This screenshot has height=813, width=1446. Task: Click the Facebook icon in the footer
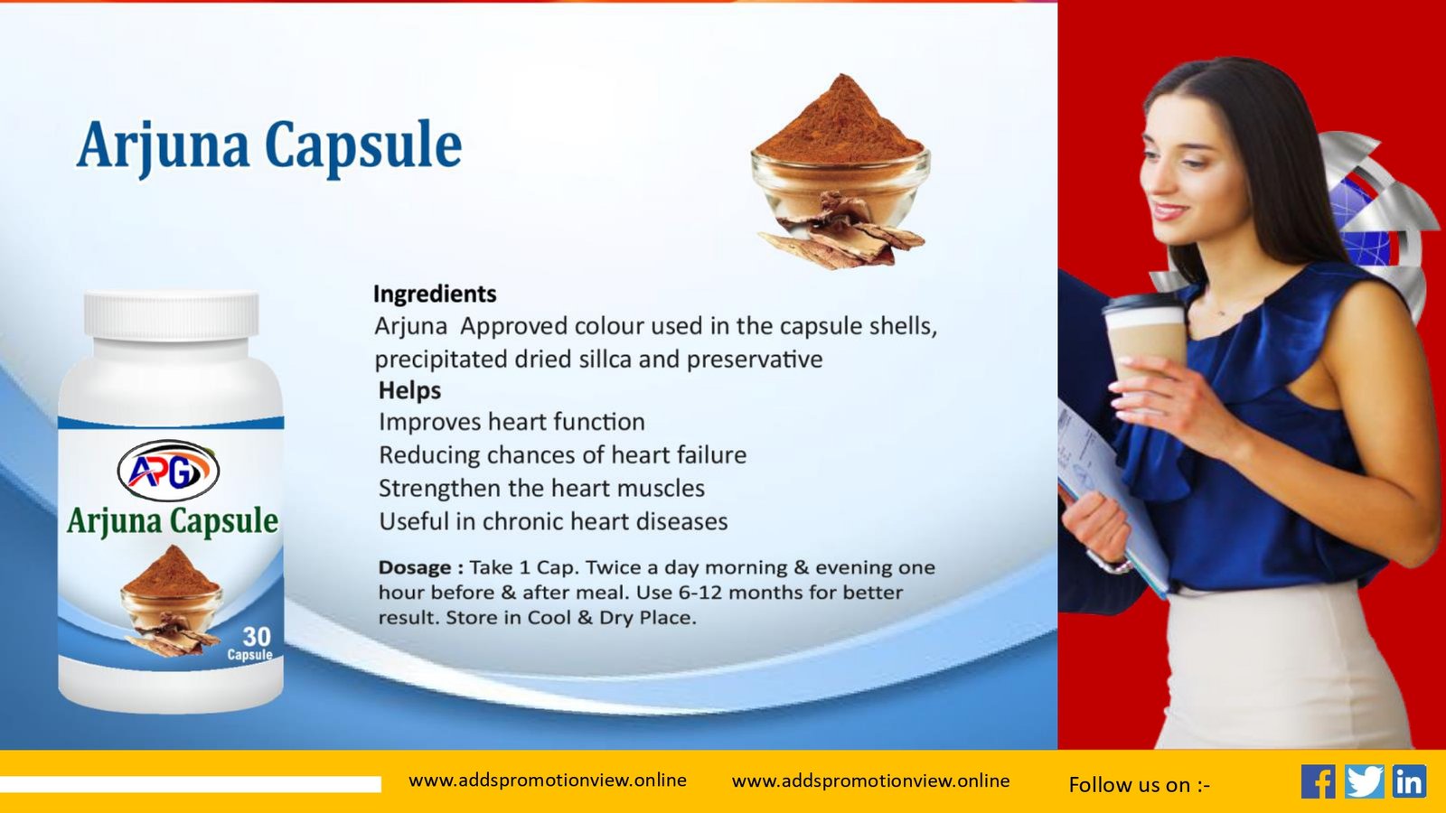pos(1319,781)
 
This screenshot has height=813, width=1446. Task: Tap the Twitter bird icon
pos(1364,781)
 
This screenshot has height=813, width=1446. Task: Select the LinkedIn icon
pos(1409,781)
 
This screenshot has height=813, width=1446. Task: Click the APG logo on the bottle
pos(168,471)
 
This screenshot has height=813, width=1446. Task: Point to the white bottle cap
pos(171,315)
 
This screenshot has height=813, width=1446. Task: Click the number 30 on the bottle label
pos(257,637)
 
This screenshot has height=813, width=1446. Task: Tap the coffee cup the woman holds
pos(1144,339)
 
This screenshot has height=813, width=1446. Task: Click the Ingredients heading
pos(435,294)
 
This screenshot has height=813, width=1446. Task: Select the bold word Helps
pos(409,390)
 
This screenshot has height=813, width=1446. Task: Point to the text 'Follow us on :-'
pos(1140,785)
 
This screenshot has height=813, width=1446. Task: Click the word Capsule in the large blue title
pos(363,145)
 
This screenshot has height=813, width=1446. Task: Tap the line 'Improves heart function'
pos(512,422)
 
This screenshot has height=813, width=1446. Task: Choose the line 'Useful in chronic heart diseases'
pos(553,521)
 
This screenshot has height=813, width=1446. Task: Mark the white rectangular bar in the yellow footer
pos(191,784)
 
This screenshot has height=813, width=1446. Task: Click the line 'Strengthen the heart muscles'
pos(541,489)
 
